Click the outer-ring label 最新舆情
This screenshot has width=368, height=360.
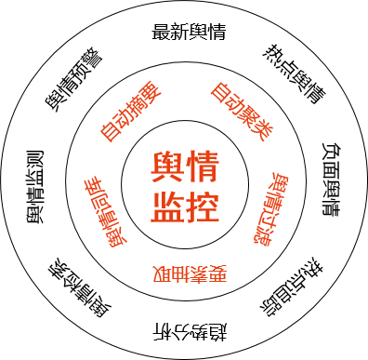point(189,32)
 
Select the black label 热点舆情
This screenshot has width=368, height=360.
point(295,74)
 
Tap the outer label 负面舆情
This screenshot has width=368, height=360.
point(331,180)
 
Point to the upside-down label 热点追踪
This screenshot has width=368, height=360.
point(292,287)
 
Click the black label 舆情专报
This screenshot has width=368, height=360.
point(79,287)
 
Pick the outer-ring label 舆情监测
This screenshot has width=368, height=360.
point(34,187)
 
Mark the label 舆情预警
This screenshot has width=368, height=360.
point(73,80)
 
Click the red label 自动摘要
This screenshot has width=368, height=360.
point(131,112)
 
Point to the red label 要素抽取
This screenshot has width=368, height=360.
point(190,273)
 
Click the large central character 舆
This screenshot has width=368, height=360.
point(167,167)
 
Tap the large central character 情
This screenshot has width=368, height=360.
point(203,167)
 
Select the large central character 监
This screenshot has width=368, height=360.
point(167,207)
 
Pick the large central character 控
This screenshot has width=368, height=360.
point(203,207)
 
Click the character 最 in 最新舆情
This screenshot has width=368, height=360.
point(161,32)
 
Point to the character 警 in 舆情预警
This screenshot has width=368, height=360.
point(93,59)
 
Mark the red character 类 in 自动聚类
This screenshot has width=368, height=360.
point(262,130)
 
